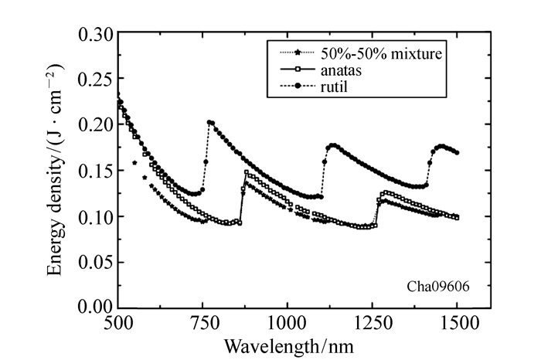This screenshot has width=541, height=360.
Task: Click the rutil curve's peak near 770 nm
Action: [209, 122]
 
